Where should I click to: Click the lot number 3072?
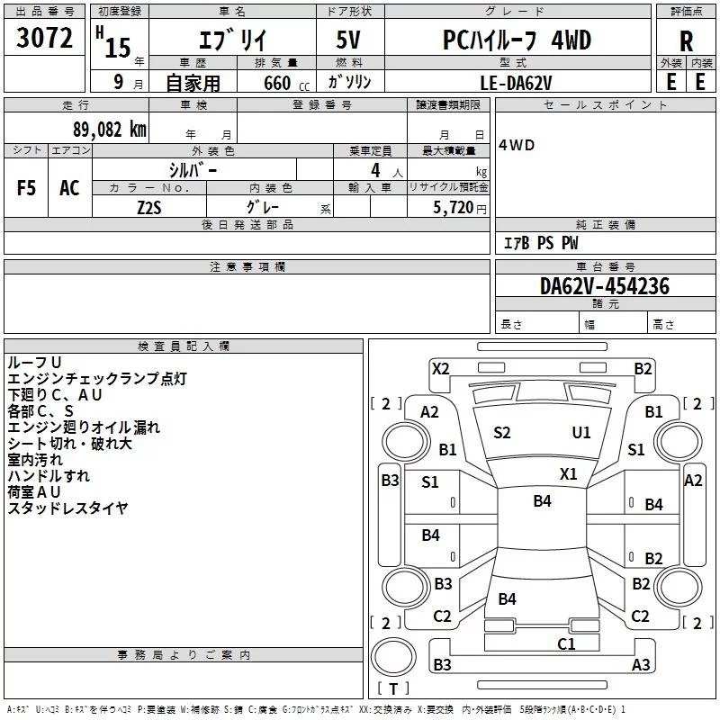[x=44, y=38]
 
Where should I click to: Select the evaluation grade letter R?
[x=686, y=41]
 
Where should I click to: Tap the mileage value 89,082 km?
[x=109, y=130]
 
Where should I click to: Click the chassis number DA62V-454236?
[x=604, y=286]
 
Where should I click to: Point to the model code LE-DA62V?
[x=516, y=83]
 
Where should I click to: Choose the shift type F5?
[x=26, y=188]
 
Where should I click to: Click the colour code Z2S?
[x=149, y=208]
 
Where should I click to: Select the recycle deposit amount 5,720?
[x=453, y=208]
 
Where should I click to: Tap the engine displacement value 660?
[x=277, y=83]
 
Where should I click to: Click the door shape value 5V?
[x=348, y=40]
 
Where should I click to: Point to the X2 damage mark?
[x=441, y=369]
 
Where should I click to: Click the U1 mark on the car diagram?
[x=581, y=433]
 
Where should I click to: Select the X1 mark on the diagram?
[x=569, y=474]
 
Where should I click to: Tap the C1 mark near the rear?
[x=566, y=643]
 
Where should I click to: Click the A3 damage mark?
[x=641, y=664]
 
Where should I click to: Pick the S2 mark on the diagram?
[x=502, y=433]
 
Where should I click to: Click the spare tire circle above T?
[x=393, y=657]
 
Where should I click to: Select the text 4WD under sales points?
[x=517, y=146]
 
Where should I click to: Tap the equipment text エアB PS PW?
[x=541, y=243]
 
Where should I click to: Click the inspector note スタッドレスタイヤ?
[x=68, y=508]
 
